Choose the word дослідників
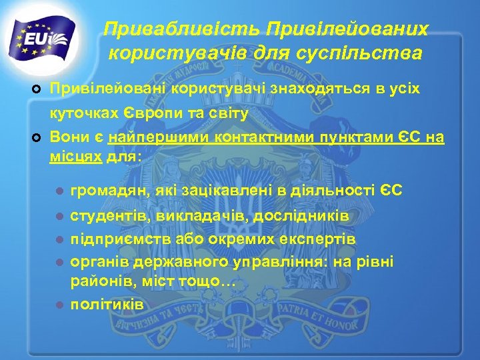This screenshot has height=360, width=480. [310, 217]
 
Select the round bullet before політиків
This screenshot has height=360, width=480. [59, 305]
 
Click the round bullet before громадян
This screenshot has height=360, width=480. [59, 192]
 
